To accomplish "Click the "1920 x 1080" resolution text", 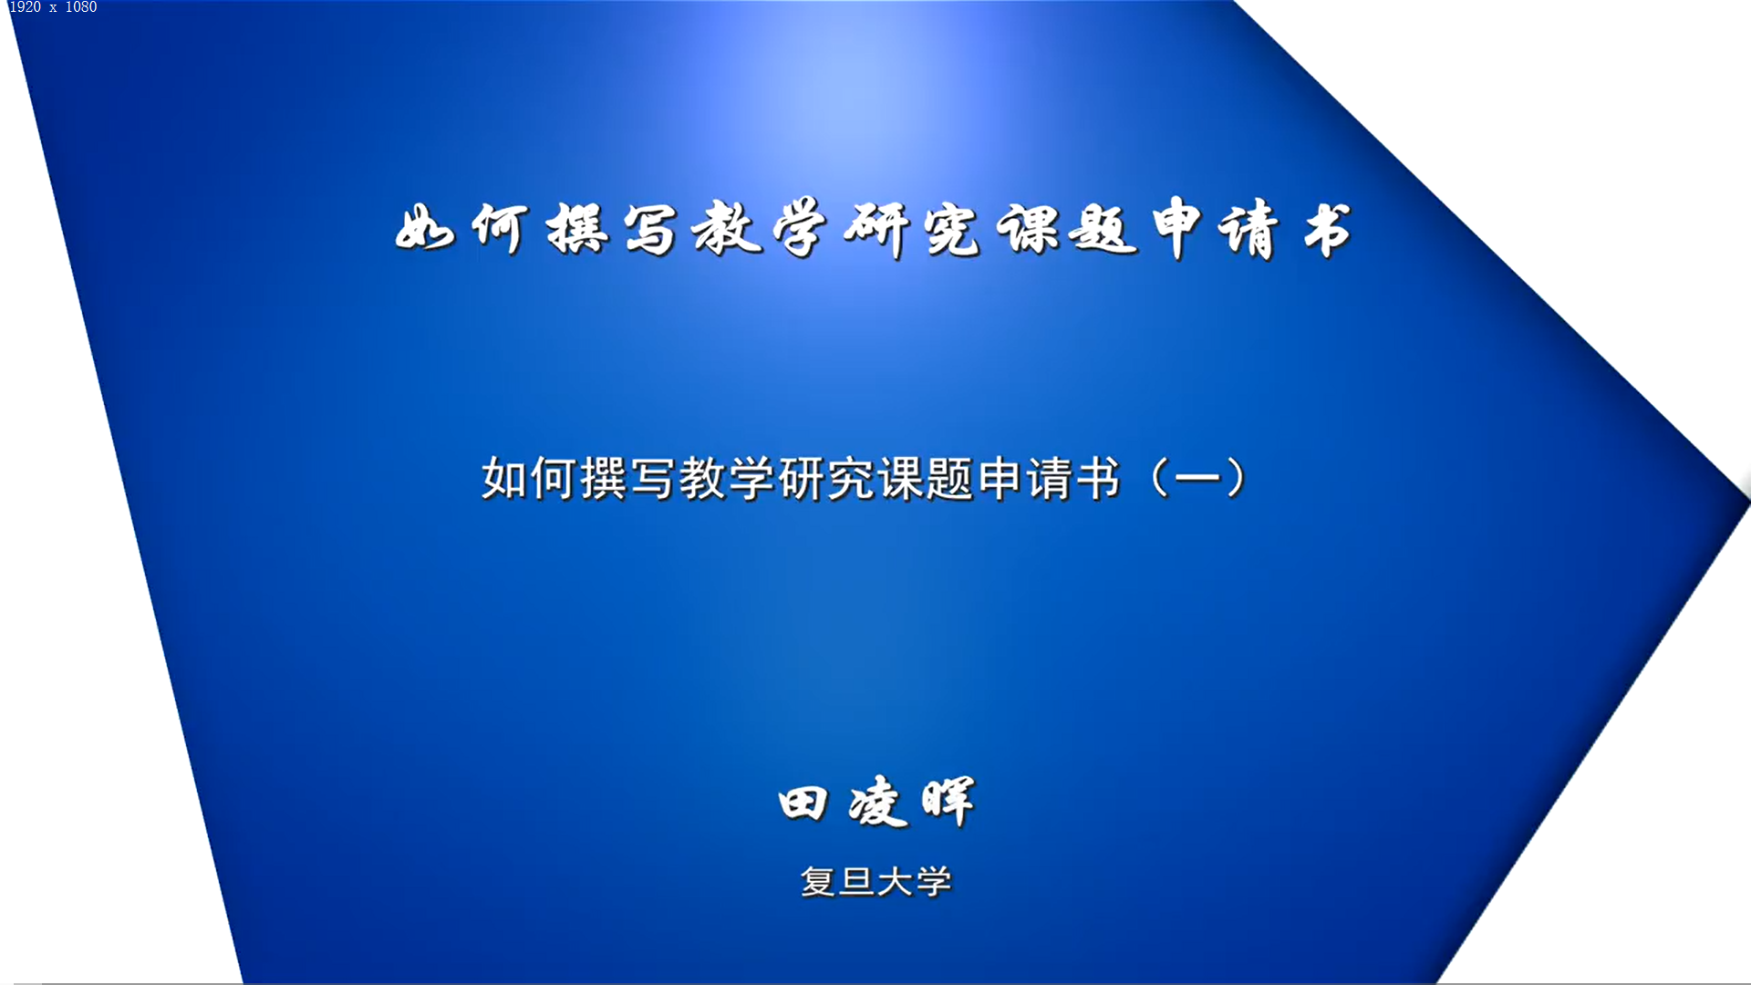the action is [x=53, y=7].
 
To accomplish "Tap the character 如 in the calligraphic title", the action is [x=424, y=228].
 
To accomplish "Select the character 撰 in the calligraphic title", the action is [x=576, y=228].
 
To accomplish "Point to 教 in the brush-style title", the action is [x=727, y=228].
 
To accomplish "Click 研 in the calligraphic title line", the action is [x=876, y=230].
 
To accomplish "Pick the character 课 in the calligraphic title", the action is [x=1027, y=228].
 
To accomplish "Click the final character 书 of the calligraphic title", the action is [x=1327, y=230].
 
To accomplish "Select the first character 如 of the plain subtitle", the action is [x=504, y=478].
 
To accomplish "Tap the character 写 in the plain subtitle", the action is [x=652, y=478].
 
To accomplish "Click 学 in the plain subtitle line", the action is [x=751, y=478].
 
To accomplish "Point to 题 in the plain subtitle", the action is [x=950, y=478].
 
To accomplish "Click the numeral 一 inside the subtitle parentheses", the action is [x=1197, y=477].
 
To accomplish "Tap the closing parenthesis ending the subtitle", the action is [x=1237, y=478].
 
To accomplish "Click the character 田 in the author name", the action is [x=803, y=804].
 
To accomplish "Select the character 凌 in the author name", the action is [x=877, y=802].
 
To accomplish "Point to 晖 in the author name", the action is [x=948, y=802].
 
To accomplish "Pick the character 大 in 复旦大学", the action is [x=896, y=882].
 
